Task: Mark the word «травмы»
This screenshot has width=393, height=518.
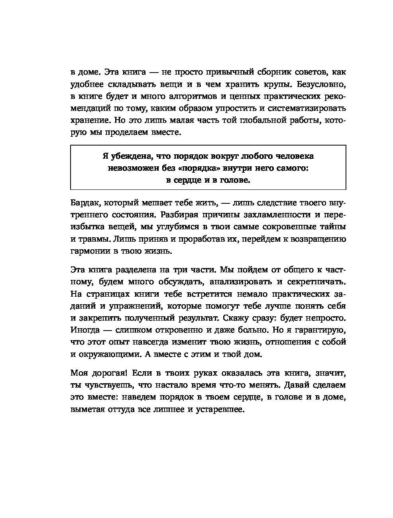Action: coord(95,239)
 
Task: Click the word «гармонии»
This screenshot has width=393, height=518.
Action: coord(88,251)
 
